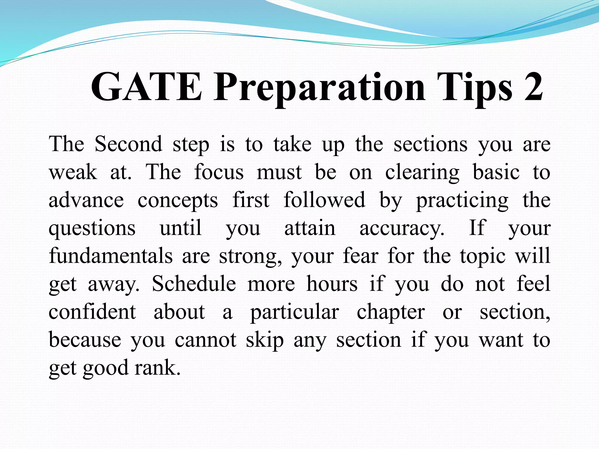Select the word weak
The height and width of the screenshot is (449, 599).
tap(73, 172)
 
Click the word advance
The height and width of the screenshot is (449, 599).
tap(86, 201)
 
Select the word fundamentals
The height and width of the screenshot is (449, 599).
tap(111, 256)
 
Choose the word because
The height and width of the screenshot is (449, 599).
tap(85, 340)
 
